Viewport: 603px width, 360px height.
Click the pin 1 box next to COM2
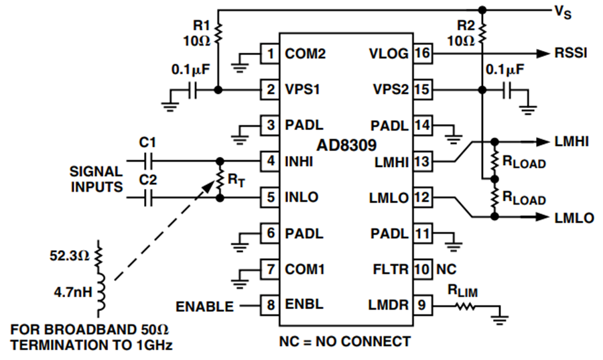pyautogui.click(x=270, y=54)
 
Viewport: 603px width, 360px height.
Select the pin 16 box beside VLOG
pyautogui.click(x=422, y=54)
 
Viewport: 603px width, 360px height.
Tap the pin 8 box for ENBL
pyautogui.click(x=270, y=306)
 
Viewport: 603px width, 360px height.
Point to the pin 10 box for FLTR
pyautogui.click(x=422, y=269)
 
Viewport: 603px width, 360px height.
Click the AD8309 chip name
pyautogui.click(x=346, y=145)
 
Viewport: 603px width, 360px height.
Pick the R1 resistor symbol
pyautogui.click(x=218, y=33)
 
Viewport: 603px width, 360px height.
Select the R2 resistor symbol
pyautogui.click(x=482, y=33)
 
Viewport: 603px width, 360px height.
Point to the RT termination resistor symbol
pyautogui.click(x=220, y=180)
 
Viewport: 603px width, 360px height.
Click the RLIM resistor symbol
pyautogui.click(x=466, y=306)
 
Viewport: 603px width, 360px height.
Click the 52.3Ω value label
pyautogui.click(x=69, y=255)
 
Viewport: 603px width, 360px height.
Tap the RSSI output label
pyautogui.click(x=571, y=53)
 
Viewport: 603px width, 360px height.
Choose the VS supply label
pyautogui.click(x=563, y=12)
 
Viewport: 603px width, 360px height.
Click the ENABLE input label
pyautogui.click(x=204, y=306)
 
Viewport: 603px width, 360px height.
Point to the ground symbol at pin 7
pyautogui.click(x=240, y=284)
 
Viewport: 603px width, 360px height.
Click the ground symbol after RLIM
pyautogui.click(x=500, y=320)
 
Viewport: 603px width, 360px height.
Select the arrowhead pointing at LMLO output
pyautogui.click(x=543, y=217)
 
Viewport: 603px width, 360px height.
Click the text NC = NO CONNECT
pyautogui.click(x=345, y=341)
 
